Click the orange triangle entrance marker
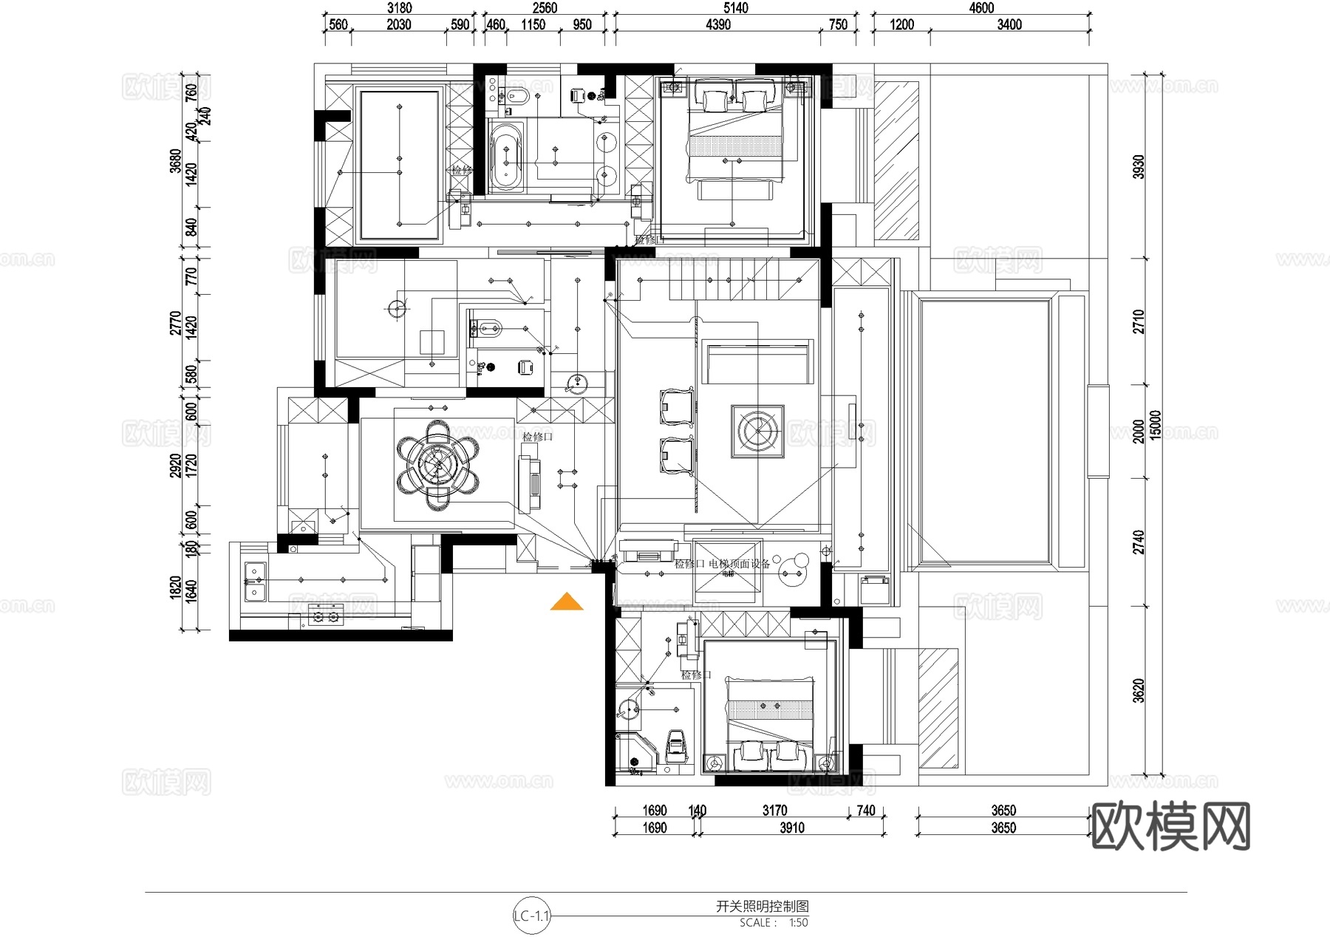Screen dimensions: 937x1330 pyautogui.click(x=567, y=602)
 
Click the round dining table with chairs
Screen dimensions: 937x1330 pyautogui.click(x=437, y=465)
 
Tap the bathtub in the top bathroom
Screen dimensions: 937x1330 pyautogui.click(x=506, y=156)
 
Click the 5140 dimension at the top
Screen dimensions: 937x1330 pyautogui.click(x=735, y=8)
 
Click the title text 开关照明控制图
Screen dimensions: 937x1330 pyautogui.click(x=763, y=907)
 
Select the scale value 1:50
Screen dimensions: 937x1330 pyautogui.click(x=798, y=923)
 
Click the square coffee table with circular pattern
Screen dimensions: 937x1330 pyautogui.click(x=757, y=430)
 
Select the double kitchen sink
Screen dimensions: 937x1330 pyautogui.click(x=253, y=582)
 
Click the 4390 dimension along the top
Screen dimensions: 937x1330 pyautogui.click(x=717, y=25)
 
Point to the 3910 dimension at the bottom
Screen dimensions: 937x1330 pyautogui.click(x=791, y=828)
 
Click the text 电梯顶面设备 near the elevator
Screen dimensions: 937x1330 pyautogui.click(x=740, y=564)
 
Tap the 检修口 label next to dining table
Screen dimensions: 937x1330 pyautogui.click(x=537, y=437)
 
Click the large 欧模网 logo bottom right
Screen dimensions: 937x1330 pyautogui.click(x=1170, y=826)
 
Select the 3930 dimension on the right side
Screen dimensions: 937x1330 pyautogui.click(x=1139, y=166)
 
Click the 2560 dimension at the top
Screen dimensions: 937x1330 pyautogui.click(x=545, y=8)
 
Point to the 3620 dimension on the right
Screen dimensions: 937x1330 pyautogui.click(x=1139, y=690)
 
